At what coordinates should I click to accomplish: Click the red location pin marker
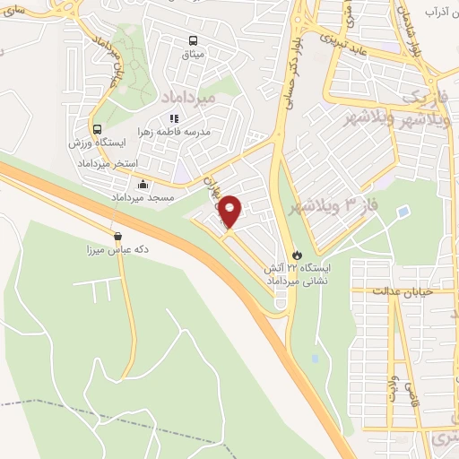tap(229, 212)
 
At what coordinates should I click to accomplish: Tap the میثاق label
tap(194, 55)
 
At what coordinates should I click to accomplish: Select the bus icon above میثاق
tap(194, 40)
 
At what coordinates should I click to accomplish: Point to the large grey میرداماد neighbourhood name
tap(186, 94)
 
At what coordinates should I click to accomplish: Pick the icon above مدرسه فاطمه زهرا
tap(175, 117)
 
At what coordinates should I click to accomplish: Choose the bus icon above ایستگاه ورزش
tap(97, 129)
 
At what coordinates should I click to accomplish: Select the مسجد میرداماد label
tap(142, 196)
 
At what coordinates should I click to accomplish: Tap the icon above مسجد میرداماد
tap(143, 185)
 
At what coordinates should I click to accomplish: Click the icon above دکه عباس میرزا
tap(117, 237)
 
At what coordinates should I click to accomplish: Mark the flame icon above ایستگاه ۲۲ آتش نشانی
tap(298, 254)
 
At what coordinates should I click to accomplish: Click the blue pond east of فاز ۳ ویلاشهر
tap(403, 212)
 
